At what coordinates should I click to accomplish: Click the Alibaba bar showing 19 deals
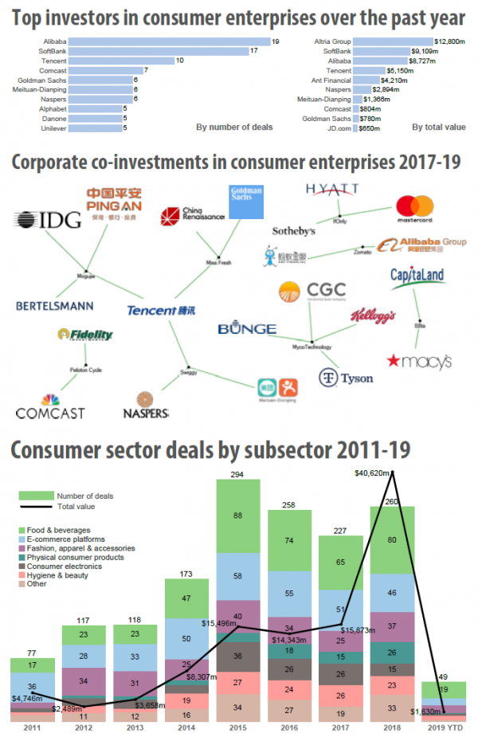point(167,41)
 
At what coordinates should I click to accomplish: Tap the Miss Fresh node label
point(218,262)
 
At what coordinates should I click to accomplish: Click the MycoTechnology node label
point(313,347)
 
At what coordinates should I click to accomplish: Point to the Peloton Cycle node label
point(85,371)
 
